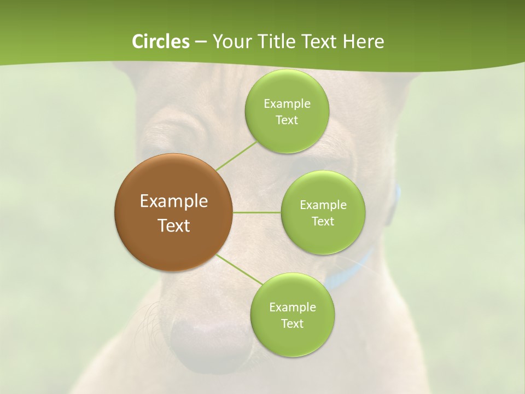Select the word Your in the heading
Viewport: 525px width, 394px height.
229,42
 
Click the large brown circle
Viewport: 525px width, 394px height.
173,212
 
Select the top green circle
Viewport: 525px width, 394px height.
287,111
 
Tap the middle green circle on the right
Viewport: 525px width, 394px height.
323,212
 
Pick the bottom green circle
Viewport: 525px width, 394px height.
292,315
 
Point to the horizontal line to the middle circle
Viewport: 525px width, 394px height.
257,212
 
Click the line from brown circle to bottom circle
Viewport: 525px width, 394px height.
239,270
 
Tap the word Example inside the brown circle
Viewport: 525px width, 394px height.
173,201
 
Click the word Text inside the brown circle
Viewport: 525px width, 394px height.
173,225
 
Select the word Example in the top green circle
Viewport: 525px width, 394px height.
287,103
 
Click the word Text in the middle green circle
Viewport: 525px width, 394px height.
323,221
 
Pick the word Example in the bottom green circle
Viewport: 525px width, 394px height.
292,307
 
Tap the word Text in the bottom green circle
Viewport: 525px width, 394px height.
292,323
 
